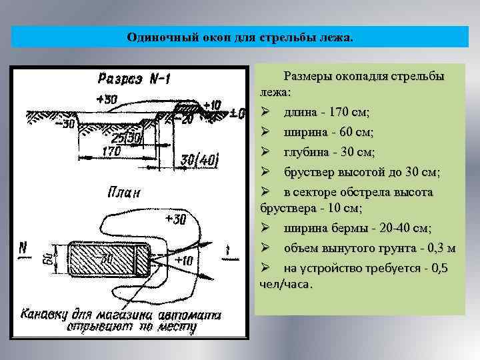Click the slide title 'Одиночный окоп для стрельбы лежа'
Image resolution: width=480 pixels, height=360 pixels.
coord(239,37)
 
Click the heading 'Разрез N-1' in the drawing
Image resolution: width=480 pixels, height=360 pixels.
coord(134,79)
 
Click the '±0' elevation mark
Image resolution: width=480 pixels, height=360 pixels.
coord(236,113)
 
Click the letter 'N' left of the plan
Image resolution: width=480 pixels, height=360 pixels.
coord(23,248)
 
